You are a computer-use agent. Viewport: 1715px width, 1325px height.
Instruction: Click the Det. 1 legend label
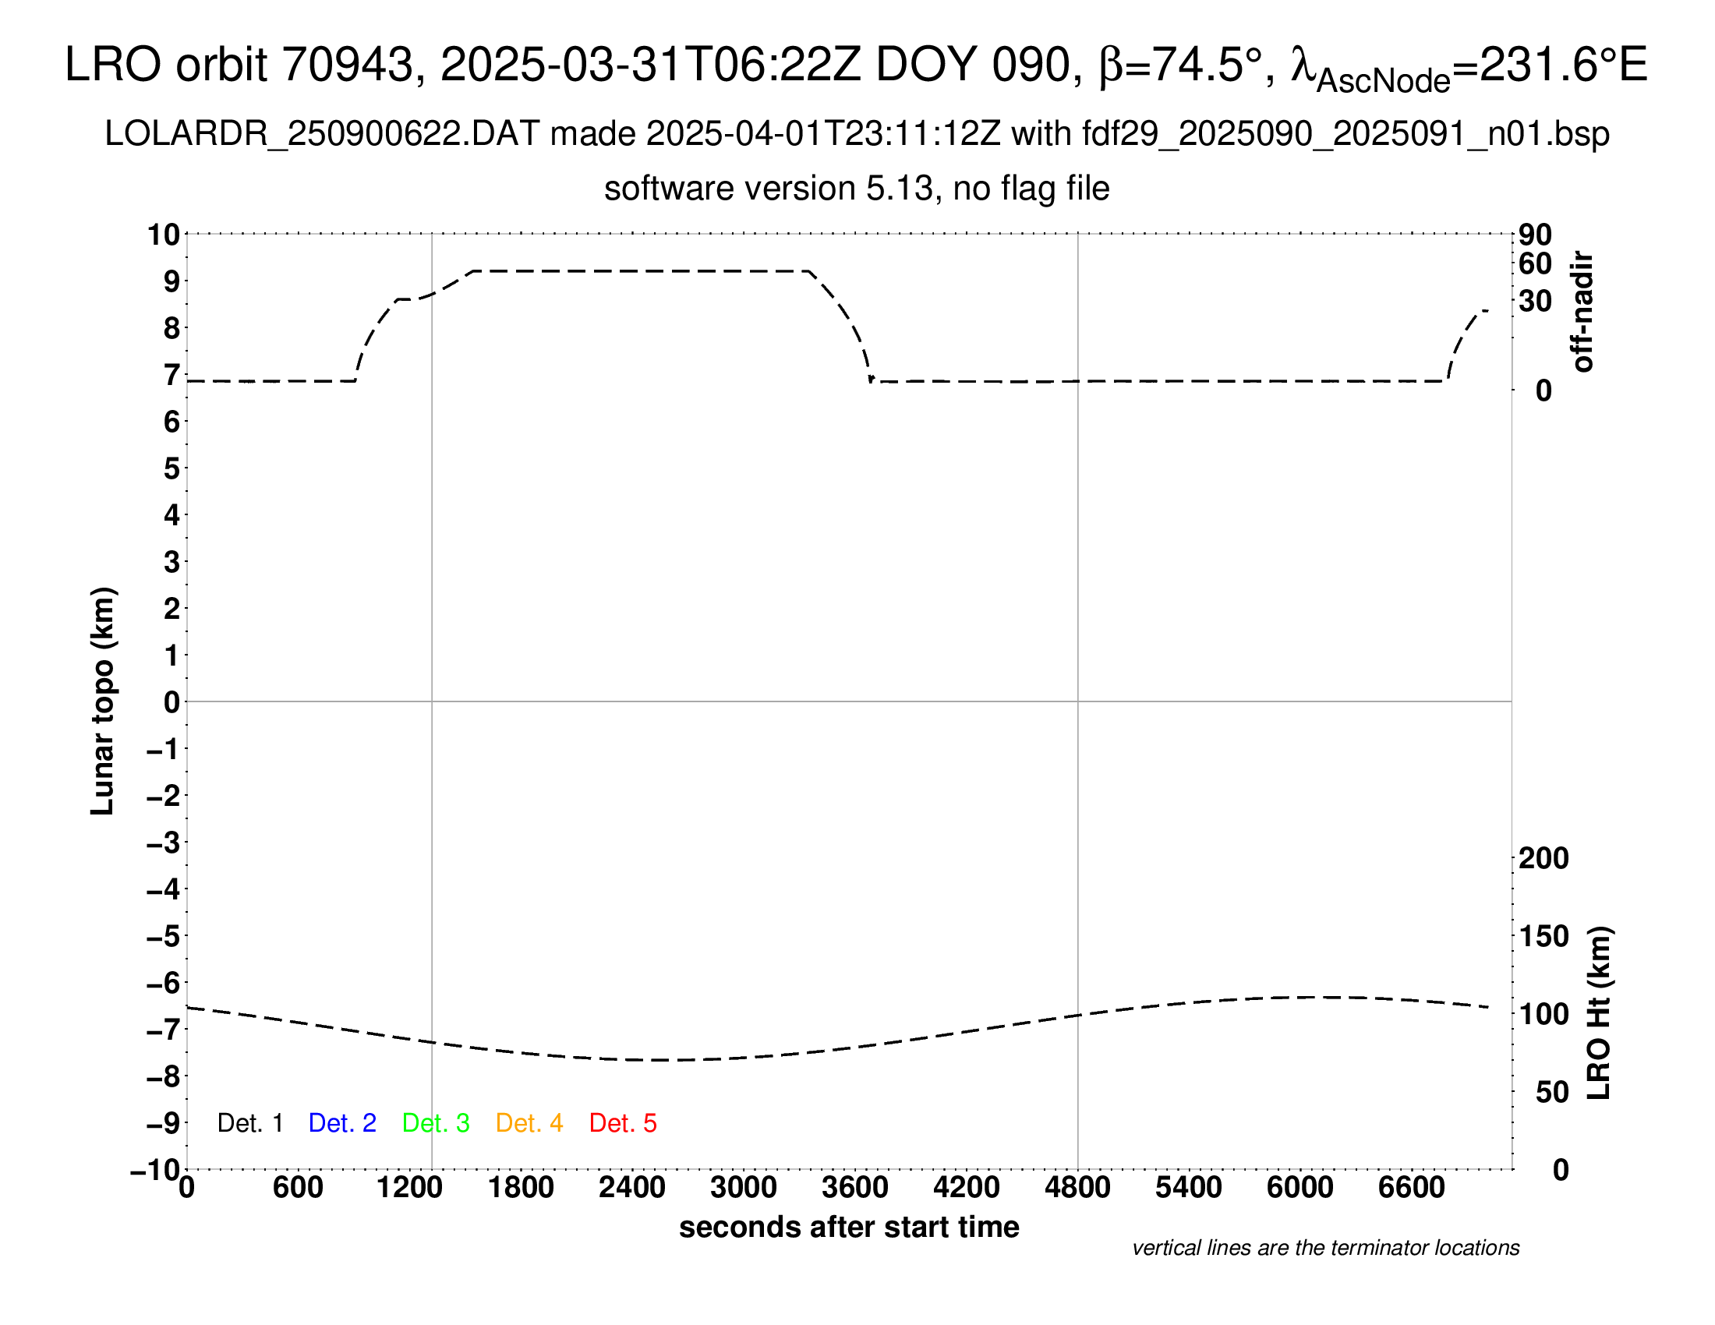click(249, 1123)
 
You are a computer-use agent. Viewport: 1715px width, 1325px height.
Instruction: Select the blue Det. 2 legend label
click(342, 1123)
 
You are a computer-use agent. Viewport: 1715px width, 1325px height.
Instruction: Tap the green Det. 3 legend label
click(436, 1123)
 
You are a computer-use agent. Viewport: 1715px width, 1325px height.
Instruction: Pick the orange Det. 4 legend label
click(529, 1123)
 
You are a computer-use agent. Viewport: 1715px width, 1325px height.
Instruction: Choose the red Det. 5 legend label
click(623, 1123)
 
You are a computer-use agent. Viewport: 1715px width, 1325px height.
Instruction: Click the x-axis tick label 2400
click(631, 1188)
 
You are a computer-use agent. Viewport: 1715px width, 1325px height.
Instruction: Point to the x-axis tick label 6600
click(1411, 1188)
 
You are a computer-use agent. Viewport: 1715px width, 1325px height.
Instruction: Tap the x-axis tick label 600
click(298, 1188)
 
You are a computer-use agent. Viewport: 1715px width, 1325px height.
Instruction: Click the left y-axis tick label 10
click(164, 234)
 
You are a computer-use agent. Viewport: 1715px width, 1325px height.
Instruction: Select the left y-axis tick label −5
click(163, 935)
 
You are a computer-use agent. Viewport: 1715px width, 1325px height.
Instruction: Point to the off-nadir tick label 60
click(1535, 263)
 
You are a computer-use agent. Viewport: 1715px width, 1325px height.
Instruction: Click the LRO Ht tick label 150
click(1543, 935)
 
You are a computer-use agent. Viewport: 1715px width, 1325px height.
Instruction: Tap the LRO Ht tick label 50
click(1551, 1092)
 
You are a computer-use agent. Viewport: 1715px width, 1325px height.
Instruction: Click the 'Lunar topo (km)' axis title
click(103, 701)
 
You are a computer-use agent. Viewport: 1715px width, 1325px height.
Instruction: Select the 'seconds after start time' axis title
click(849, 1227)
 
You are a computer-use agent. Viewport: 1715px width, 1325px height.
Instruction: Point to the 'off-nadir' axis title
click(1582, 312)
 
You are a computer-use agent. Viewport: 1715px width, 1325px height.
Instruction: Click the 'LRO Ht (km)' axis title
click(1599, 1013)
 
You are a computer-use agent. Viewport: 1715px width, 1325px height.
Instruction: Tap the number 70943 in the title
click(348, 65)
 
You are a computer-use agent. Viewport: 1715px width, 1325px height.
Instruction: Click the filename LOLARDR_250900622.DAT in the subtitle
click(322, 134)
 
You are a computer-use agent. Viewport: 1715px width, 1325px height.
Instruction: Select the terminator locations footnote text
click(1325, 1248)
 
